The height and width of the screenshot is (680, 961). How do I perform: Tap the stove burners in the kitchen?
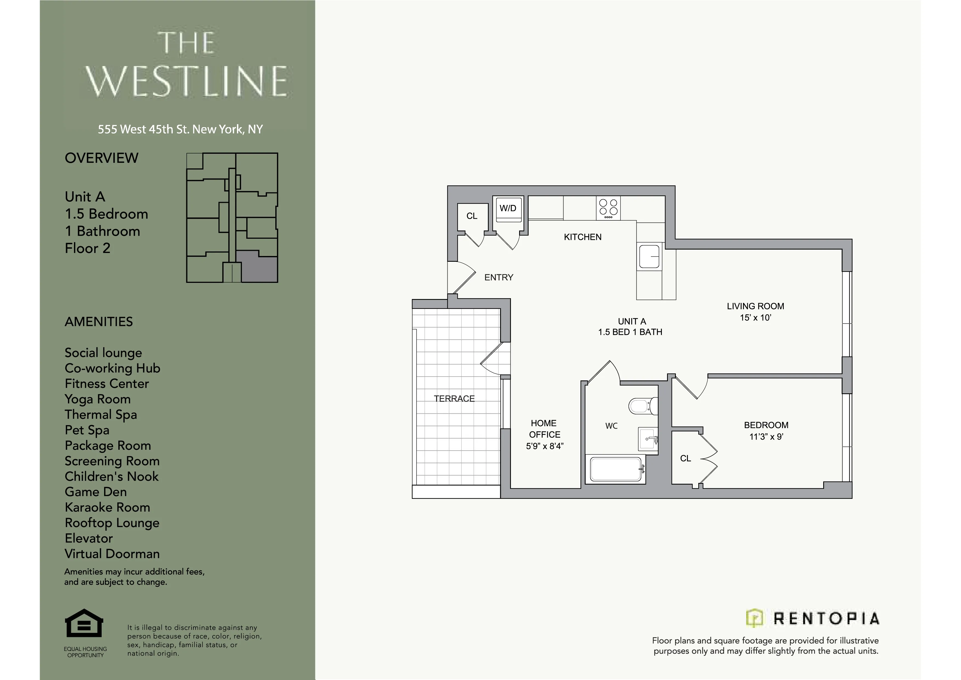point(608,208)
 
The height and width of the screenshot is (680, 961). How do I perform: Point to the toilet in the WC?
point(641,406)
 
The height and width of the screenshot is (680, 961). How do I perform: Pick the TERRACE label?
point(454,399)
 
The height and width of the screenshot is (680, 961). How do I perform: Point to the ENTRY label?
point(499,277)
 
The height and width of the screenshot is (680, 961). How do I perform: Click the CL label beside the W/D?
point(472,216)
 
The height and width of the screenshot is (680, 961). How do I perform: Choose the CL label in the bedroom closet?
point(685,459)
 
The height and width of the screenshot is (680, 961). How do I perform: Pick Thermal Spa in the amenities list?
point(101,414)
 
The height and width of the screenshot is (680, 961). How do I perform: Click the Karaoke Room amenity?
point(107,508)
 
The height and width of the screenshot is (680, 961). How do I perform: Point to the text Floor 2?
point(87,248)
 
